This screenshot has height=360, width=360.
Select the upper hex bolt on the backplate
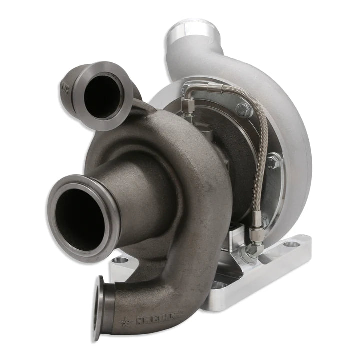[244, 110]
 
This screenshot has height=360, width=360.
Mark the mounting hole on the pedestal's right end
[291, 244]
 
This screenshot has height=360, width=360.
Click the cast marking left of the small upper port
[64, 87]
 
